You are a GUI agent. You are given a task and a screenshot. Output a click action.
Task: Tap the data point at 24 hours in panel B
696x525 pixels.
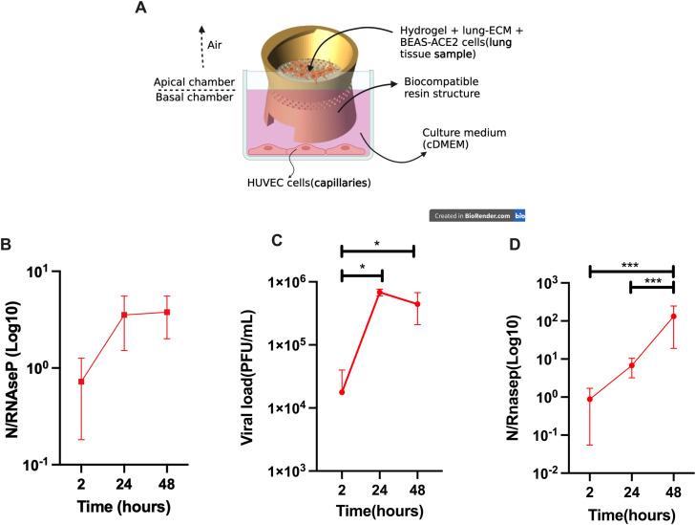point(151,315)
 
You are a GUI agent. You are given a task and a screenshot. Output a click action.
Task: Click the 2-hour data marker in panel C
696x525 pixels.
point(342,392)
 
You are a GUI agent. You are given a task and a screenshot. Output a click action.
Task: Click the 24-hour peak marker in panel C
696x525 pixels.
point(378,292)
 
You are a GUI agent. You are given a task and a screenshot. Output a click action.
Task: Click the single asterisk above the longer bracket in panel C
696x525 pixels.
point(377,243)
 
